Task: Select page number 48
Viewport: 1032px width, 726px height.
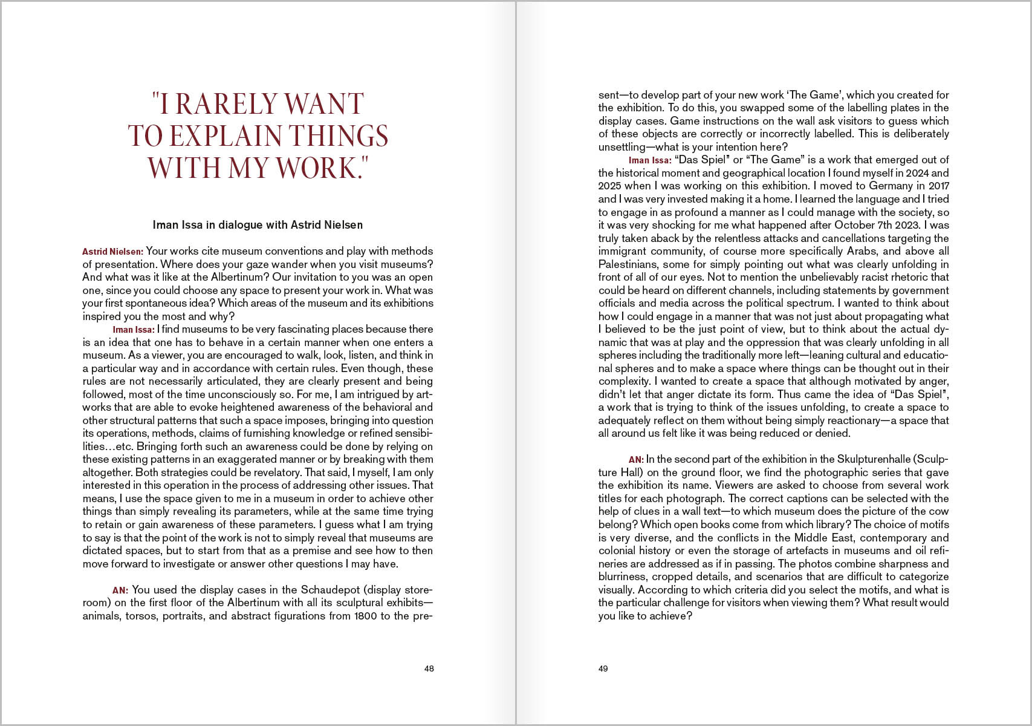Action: point(429,669)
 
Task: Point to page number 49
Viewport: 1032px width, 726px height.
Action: point(603,669)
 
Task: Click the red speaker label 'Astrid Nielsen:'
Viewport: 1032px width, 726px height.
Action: point(112,252)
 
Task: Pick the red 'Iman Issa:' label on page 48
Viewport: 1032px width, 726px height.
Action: point(134,330)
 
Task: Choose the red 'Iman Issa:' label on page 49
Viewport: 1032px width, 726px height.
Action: point(650,160)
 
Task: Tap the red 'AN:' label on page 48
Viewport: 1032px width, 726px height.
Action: point(120,590)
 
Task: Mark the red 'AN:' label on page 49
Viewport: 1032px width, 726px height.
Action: point(636,460)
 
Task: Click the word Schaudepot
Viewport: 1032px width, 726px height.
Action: point(330,590)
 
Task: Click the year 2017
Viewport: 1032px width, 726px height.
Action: point(936,186)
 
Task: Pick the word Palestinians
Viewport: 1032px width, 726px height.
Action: point(628,264)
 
